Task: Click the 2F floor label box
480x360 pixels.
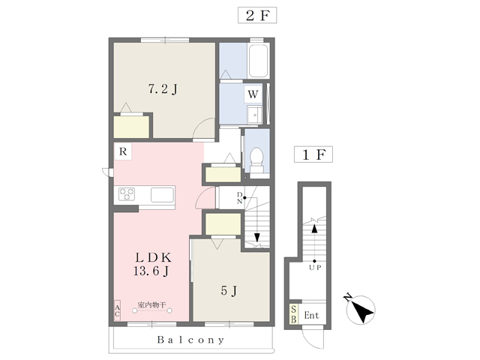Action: point(257,15)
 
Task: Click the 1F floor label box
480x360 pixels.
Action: point(313,154)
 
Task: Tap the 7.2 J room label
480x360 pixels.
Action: point(163,89)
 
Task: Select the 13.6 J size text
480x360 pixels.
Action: point(151,271)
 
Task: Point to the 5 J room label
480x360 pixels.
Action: point(229,290)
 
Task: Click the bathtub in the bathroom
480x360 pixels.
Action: point(259,61)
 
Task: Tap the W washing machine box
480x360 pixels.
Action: point(253,94)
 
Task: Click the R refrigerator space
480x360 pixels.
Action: point(123,151)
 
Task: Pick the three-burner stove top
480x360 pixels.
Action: point(127,194)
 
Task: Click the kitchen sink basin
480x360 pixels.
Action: point(162,195)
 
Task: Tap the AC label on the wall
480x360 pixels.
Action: point(117,310)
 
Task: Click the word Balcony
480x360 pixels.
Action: point(190,340)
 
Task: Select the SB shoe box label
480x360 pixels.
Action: point(293,314)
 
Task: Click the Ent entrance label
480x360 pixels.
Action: point(311,315)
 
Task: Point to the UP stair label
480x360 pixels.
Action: point(315,268)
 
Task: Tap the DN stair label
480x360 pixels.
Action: point(240,198)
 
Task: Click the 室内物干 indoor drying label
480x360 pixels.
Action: point(151,305)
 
